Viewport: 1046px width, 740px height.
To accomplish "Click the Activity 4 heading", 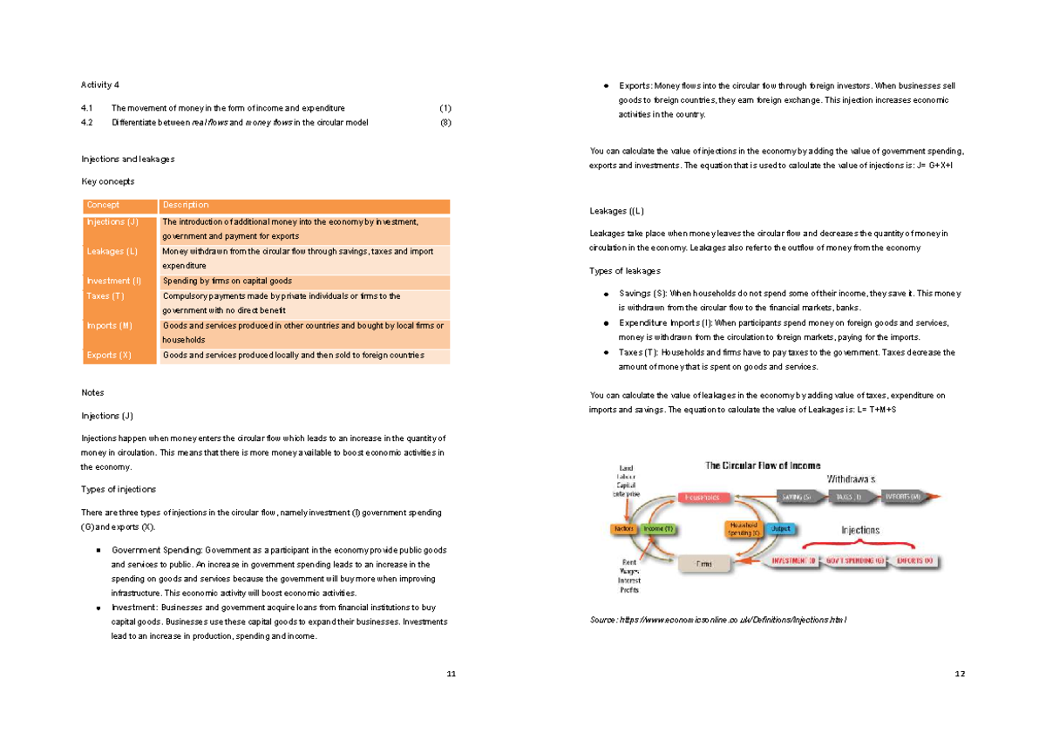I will pos(99,85).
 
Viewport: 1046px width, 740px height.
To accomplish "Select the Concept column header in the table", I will pos(103,206).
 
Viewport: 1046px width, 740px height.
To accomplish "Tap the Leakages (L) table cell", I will pos(112,252).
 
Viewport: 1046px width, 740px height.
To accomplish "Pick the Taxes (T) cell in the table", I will pos(105,296).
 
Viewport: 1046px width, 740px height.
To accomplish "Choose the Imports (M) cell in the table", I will pos(110,326).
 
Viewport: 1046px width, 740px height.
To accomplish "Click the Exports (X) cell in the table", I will pos(109,356).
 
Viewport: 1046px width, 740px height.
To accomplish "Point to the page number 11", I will pos(451,674).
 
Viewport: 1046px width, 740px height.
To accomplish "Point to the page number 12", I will pos(960,674).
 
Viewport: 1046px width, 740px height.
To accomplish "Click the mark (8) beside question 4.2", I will pos(445,123).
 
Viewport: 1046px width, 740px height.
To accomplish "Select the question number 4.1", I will pos(86,108).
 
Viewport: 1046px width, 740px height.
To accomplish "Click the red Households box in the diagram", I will pos(703,497).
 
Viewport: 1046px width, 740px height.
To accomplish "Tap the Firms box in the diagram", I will pos(704,564).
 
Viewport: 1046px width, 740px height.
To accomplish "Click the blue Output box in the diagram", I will pos(780,529).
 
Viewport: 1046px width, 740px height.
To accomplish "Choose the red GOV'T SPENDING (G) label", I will pos(856,561).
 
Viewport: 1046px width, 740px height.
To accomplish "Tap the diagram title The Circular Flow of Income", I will pos(762,465).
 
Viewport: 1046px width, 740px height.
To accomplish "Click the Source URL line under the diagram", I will pos(718,619).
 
